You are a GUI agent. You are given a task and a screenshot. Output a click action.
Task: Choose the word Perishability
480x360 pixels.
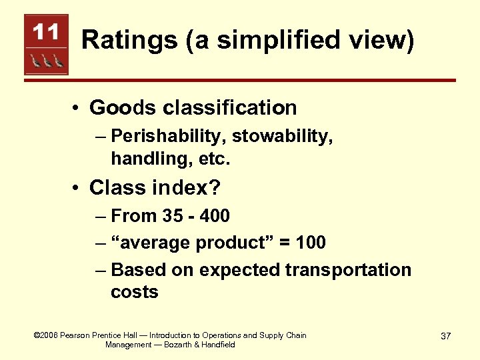(170, 136)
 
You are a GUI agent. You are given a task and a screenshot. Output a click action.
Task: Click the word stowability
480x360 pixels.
(284, 136)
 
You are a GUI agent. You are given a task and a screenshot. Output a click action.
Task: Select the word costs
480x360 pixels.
(135, 292)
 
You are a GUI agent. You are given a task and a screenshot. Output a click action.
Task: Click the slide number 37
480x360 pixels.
(446, 336)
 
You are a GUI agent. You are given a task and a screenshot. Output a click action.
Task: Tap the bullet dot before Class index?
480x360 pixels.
(77, 189)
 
